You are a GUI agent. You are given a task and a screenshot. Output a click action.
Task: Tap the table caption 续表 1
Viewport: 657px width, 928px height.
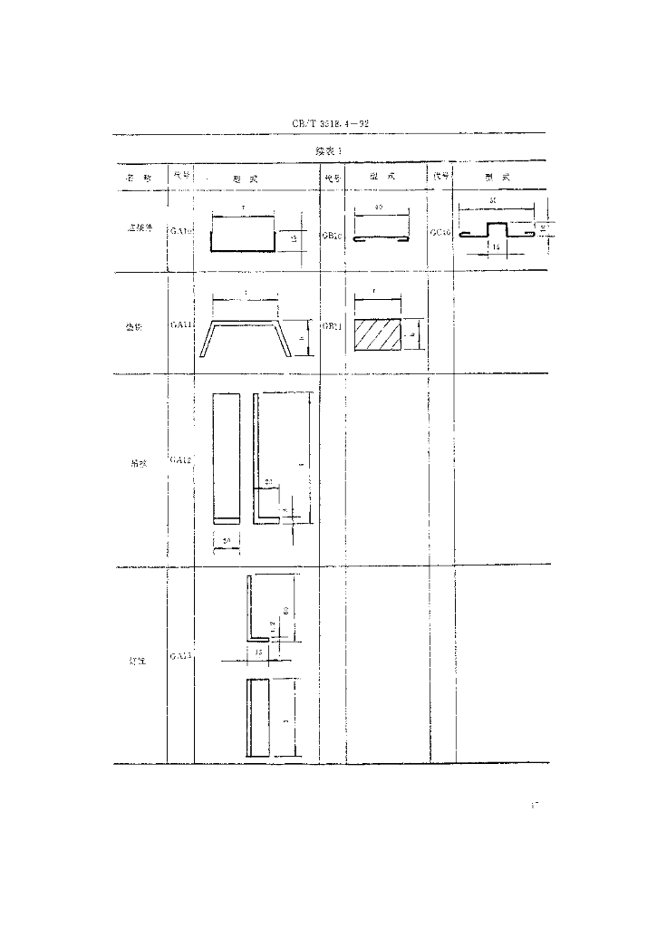[x=327, y=150]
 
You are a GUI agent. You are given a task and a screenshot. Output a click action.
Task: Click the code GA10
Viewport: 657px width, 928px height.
[x=180, y=231]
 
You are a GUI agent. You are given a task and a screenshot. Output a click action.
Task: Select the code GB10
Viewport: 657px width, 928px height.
[x=331, y=233]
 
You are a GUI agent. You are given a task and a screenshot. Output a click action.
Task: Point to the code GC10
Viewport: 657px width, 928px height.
[x=441, y=232]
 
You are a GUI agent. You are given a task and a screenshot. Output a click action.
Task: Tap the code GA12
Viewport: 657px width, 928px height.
[x=180, y=460]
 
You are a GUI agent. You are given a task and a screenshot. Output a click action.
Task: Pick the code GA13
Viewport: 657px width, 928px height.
[x=180, y=654]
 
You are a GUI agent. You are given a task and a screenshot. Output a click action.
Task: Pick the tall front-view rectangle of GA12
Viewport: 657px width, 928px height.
[x=226, y=458]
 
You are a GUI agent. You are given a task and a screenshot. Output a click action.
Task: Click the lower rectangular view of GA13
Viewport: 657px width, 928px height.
[x=258, y=717]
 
